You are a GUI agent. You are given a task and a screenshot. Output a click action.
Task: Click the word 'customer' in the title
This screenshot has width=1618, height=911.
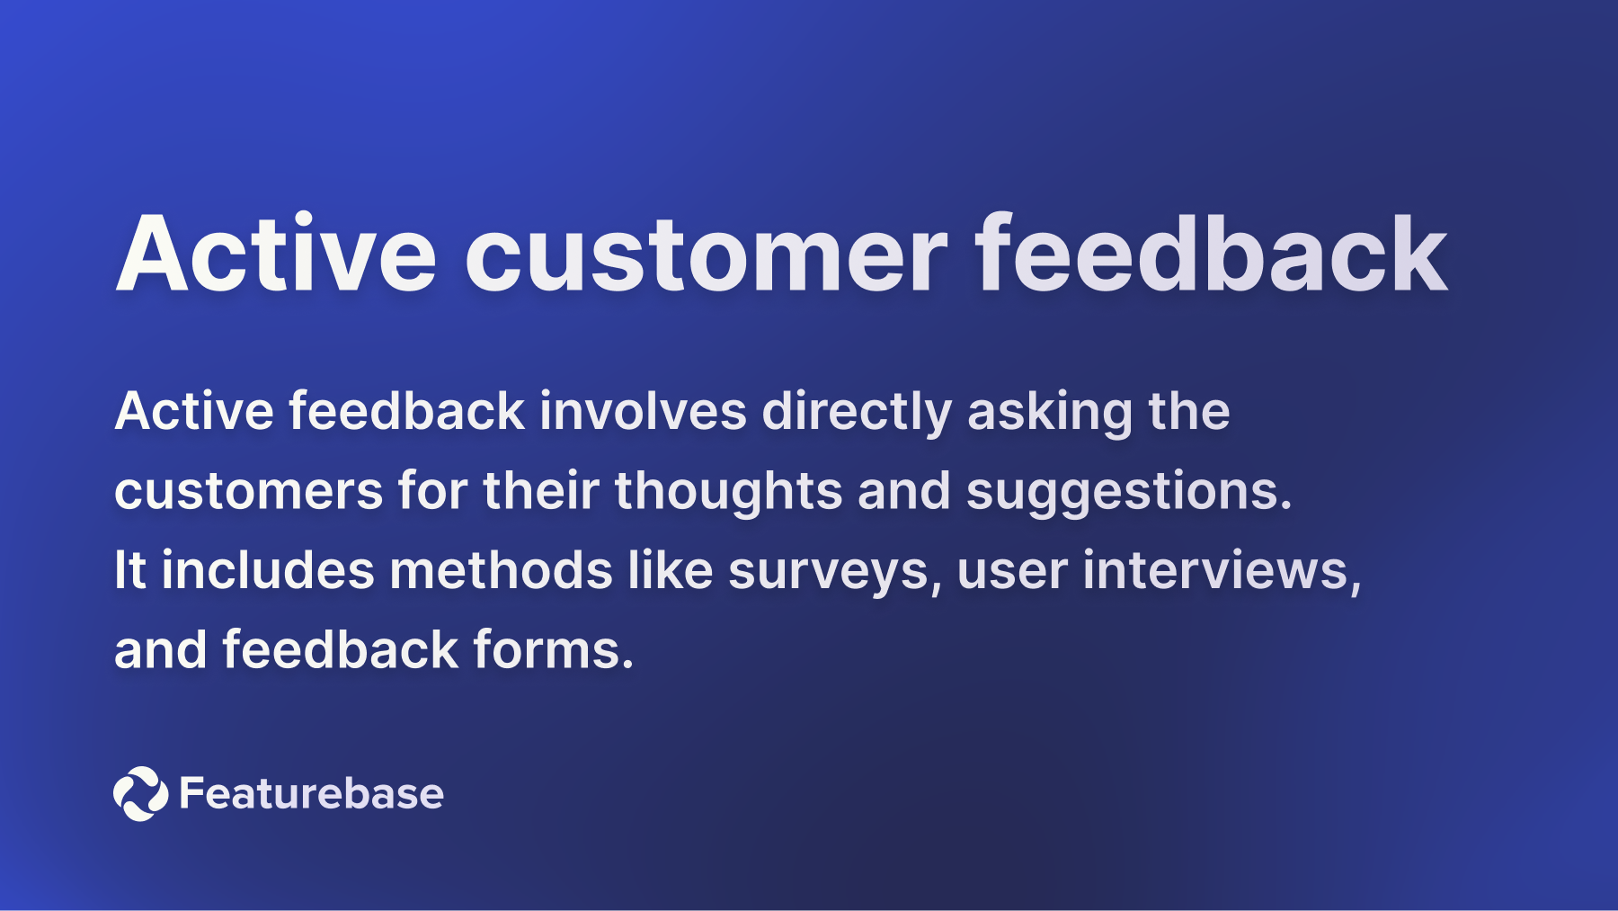706,256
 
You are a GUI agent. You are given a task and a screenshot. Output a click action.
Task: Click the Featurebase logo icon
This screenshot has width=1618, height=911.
140,793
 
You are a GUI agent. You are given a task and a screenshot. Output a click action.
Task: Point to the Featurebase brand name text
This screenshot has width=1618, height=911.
311,793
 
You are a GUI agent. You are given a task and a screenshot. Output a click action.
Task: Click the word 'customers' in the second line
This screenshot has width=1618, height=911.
248,492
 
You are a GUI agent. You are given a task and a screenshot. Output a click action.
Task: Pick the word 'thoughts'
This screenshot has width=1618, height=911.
728,492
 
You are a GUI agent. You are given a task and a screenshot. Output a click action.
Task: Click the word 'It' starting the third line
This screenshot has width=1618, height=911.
129,570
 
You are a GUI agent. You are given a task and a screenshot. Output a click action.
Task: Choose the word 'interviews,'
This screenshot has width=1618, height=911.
1222,571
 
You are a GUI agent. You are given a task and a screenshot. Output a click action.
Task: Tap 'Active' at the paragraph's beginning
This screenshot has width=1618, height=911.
194,412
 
